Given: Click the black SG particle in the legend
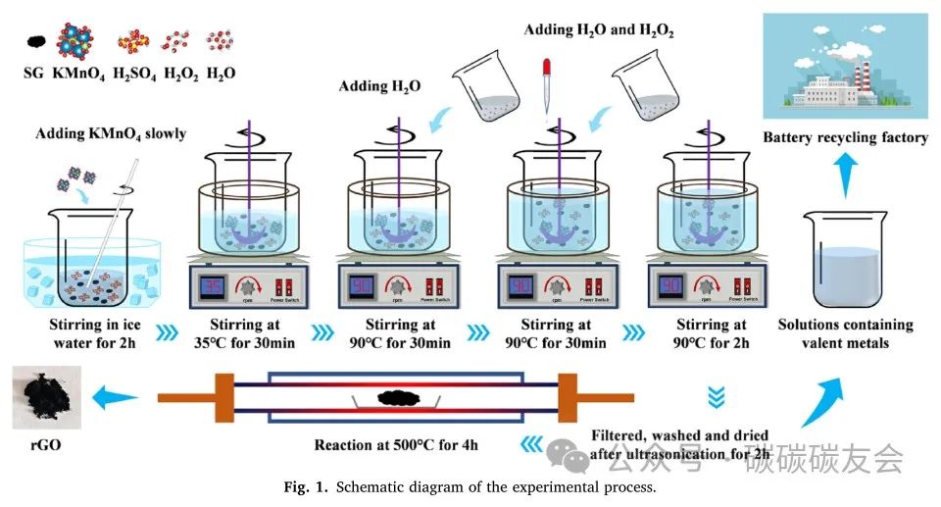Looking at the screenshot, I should click(x=35, y=42).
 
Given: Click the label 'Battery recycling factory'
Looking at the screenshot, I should click(x=845, y=137).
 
